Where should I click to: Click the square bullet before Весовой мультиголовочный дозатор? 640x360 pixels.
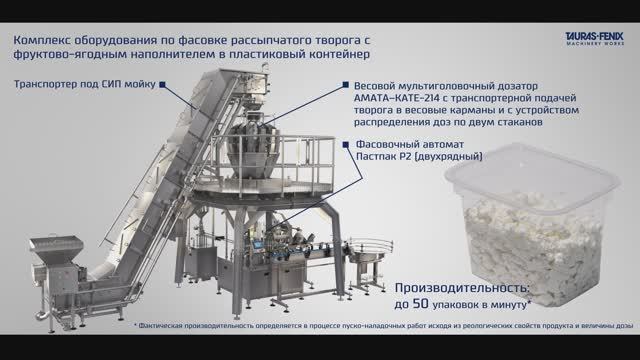[345, 86]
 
